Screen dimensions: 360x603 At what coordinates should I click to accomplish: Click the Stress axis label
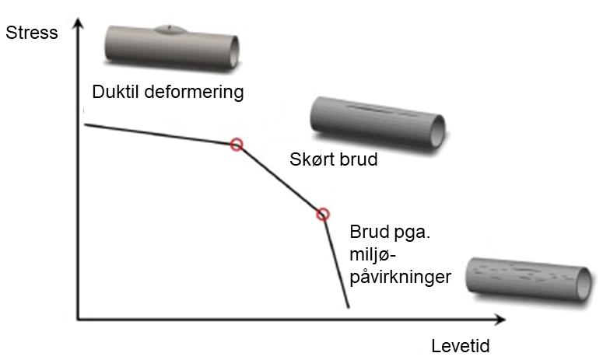coord(31,33)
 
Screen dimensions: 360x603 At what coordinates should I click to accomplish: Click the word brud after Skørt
coord(358,161)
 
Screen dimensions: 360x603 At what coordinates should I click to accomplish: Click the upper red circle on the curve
coord(237,144)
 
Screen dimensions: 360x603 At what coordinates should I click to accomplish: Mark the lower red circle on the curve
coord(323,214)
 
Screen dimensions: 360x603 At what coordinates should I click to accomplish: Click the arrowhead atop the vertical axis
coord(77,26)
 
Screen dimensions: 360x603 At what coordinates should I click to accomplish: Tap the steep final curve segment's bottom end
coord(348,307)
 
